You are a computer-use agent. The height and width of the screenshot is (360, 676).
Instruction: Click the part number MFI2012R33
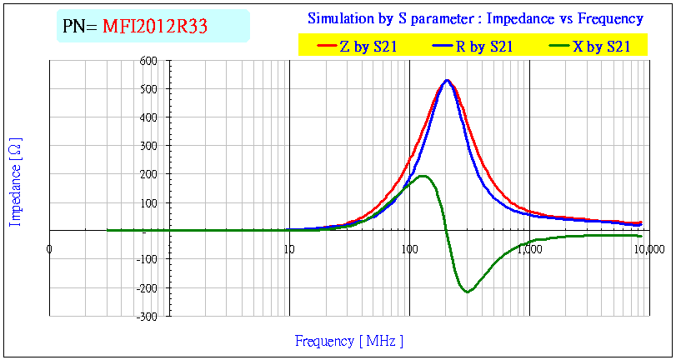[x=155, y=27]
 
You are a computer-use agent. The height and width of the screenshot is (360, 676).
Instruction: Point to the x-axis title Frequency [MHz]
[x=349, y=341]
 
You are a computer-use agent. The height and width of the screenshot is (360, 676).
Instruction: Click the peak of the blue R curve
[x=448, y=81]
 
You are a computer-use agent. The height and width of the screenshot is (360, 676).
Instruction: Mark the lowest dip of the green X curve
[x=467, y=292]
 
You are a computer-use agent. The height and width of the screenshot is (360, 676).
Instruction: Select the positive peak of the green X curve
[x=423, y=176]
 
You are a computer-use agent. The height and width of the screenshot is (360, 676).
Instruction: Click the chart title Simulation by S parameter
[x=475, y=18]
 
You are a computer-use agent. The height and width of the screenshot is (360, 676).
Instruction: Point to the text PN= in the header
[x=80, y=27]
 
